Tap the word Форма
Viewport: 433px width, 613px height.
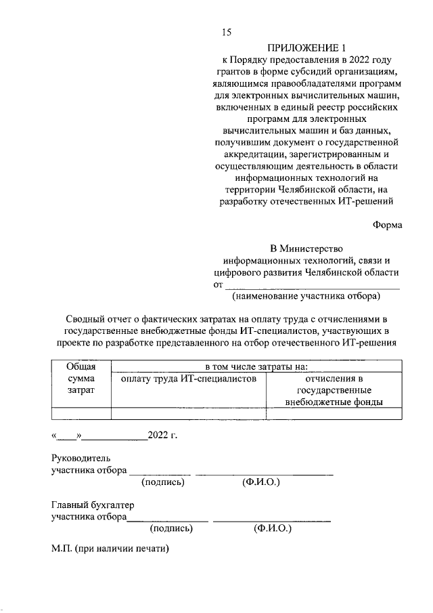(x=386, y=226)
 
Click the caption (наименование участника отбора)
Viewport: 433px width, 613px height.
(x=306, y=297)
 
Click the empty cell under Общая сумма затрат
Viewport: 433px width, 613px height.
(x=81, y=413)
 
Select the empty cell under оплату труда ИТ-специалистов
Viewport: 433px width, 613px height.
(x=189, y=413)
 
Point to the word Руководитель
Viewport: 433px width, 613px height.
(x=80, y=458)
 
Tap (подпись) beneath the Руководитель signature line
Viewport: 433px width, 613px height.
(x=163, y=482)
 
